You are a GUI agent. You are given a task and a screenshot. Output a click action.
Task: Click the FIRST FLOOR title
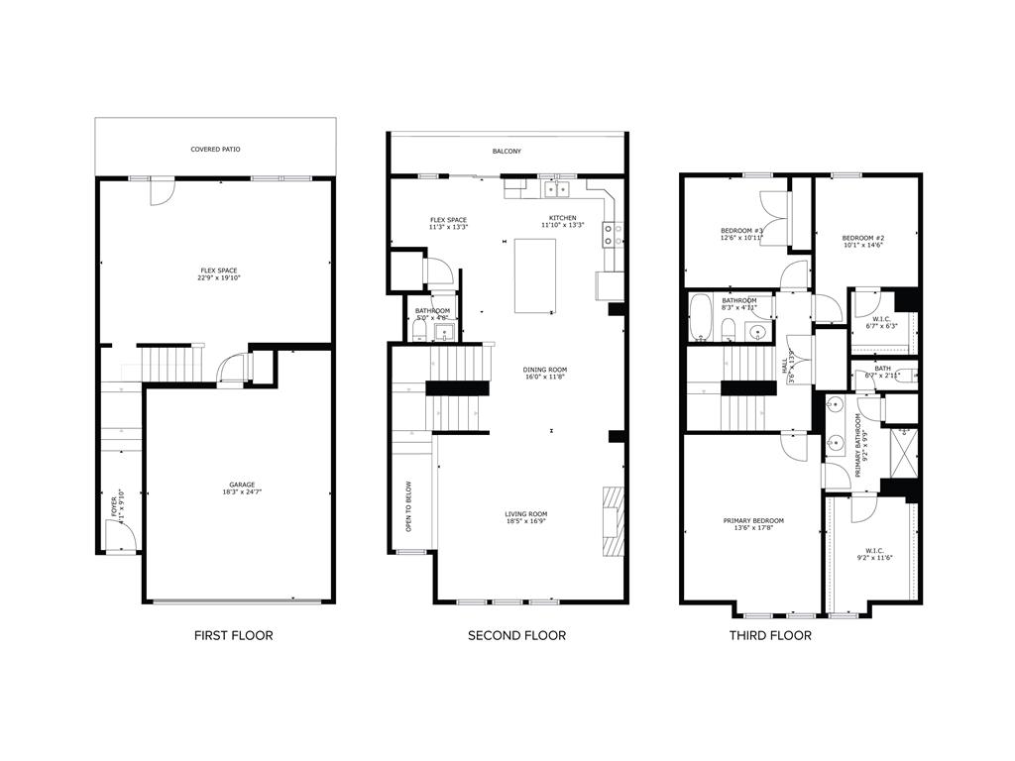coord(233,635)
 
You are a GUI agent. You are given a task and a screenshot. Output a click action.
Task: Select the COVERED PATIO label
coord(215,150)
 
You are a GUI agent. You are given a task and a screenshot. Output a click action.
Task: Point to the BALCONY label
coord(507,152)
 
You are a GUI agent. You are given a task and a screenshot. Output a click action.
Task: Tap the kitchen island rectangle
coord(534,275)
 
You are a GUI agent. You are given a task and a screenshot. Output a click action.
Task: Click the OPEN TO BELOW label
coord(407,505)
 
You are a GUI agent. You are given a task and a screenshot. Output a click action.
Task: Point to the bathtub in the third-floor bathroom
coord(700,317)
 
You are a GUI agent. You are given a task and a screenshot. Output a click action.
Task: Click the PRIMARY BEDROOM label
coord(753,521)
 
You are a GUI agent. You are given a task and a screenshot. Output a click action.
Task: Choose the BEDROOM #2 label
coord(862,238)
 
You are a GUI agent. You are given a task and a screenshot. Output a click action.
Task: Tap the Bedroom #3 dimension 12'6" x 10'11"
coord(741,238)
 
